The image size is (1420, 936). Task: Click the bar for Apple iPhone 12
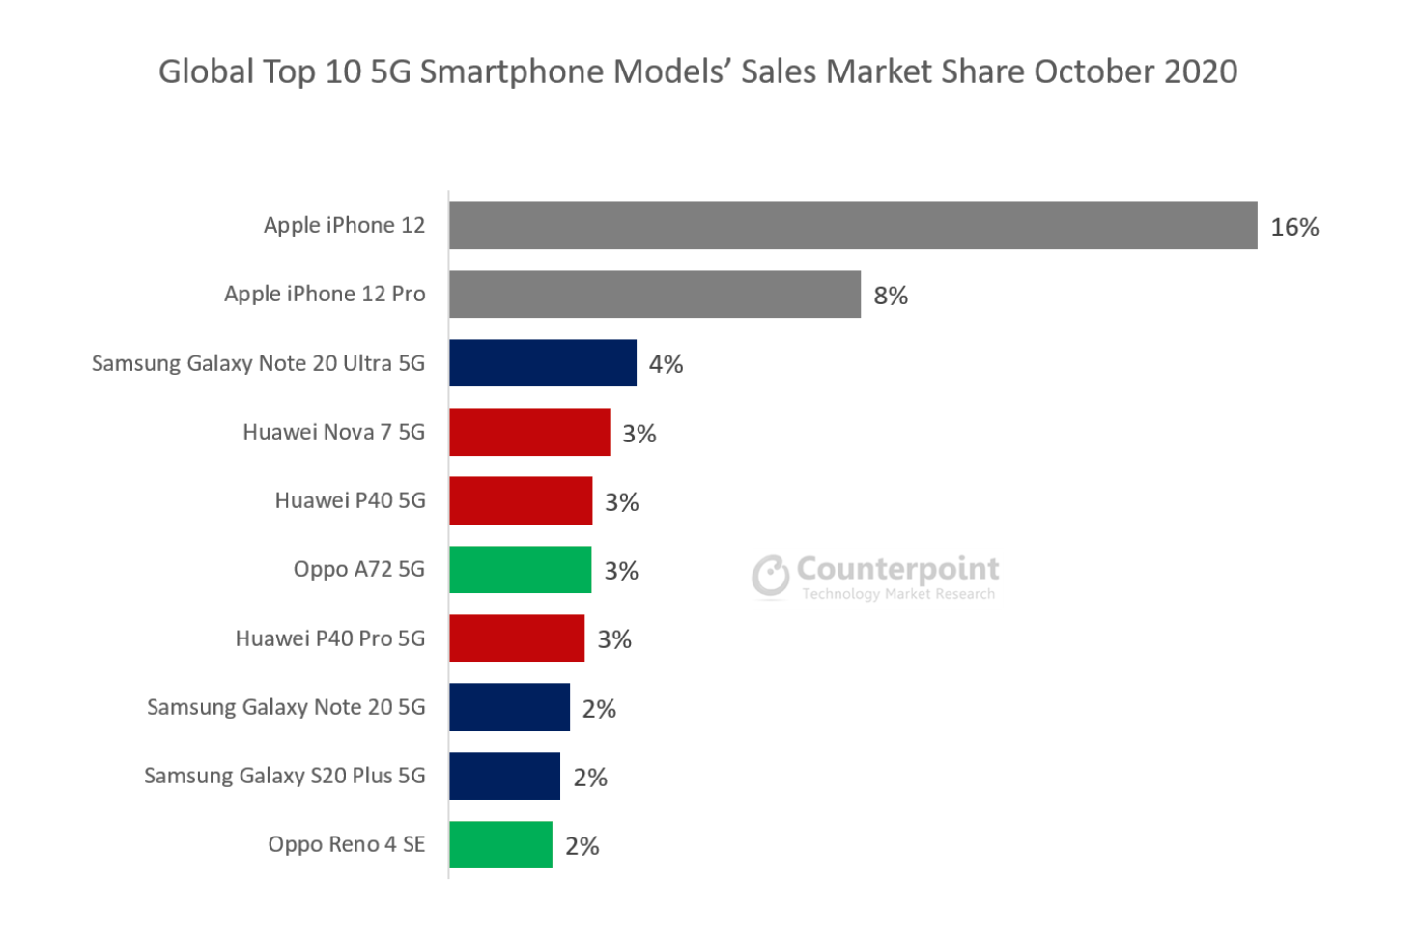click(x=853, y=225)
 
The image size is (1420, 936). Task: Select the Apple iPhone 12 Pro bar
click(x=655, y=294)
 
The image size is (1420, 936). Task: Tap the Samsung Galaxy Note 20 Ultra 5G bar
click(x=543, y=362)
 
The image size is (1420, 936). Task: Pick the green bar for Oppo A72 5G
click(x=520, y=569)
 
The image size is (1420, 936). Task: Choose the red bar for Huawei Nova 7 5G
click(x=529, y=432)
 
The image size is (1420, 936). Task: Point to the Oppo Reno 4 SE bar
click(x=500, y=844)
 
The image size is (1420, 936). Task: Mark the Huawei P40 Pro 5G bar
click(x=517, y=638)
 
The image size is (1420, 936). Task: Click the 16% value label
click(x=1294, y=227)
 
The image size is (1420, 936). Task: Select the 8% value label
click(x=891, y=296)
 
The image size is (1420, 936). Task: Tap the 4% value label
click(x=666, y=364)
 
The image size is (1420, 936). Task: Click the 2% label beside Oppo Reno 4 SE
click(x=582, y=846)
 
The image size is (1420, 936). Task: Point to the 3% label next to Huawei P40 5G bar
click(x=622, y=502)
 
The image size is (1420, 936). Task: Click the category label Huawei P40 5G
click(x=350, y=500)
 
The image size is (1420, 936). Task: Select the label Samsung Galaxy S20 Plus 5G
click(x=284, y=776)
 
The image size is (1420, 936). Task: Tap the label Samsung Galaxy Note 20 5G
click(x=286, y=707)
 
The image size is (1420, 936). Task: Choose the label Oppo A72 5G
click(x=358, y=569)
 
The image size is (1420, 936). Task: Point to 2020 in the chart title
click(x=1201, y=71)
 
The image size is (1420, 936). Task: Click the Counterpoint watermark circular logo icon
click(x=771, y=577)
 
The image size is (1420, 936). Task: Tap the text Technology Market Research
click(x=897, y=594)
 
